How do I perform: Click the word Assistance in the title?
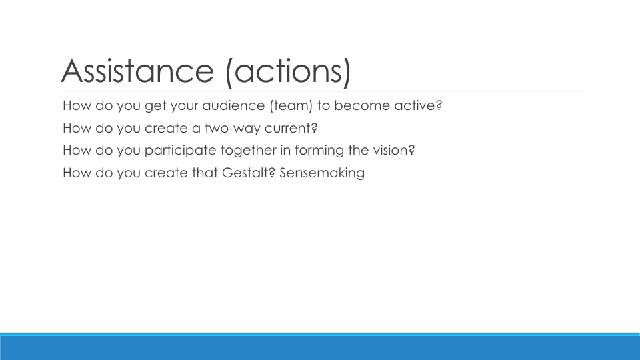click(x=137, y=71)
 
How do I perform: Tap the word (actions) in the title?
click(x=288, y=72)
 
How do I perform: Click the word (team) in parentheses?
click(x=291, y=106)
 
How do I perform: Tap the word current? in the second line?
click(x=291, y=128)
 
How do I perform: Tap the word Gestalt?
click(x=249, y=173)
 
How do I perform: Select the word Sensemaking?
click(x=322, y=173)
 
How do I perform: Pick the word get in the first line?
click(x=155, y=106)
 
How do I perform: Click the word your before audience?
click(x=184, y=106)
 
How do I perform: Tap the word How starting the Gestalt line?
click(x=77, y=173)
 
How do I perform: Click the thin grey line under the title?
click(x=324, y=91)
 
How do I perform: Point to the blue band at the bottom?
click(x=320, y=347)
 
